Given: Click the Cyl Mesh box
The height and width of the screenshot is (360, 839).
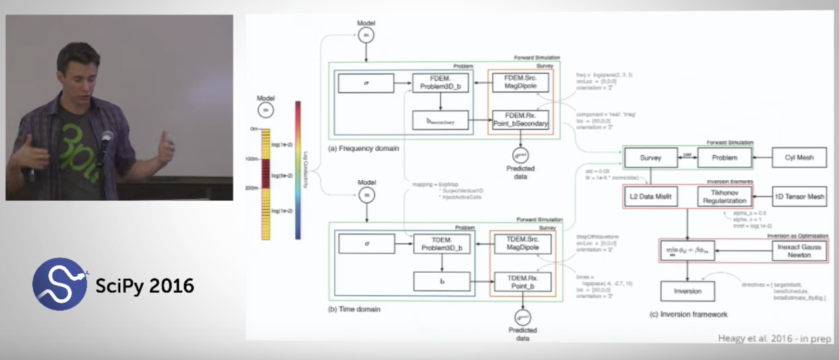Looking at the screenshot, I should (798, 158).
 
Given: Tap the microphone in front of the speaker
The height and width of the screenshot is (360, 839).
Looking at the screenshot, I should (104, 140).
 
